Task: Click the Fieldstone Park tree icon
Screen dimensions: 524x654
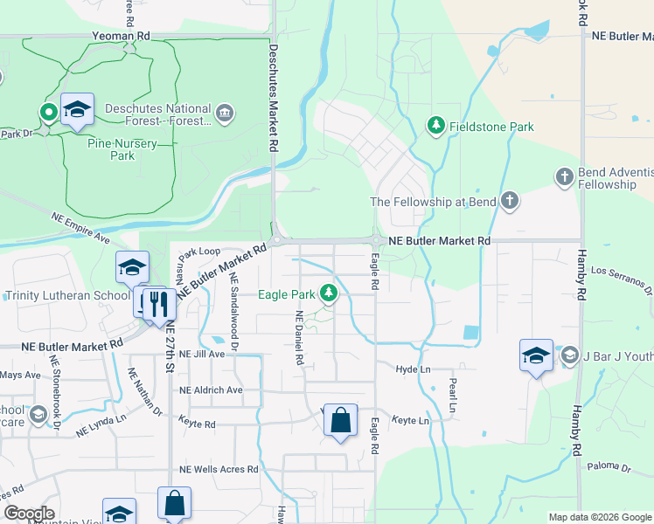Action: [x=435, y=127]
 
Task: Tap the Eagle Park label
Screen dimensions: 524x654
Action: [x=285, y=294]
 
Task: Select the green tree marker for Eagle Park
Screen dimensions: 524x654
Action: [x=329, y=293]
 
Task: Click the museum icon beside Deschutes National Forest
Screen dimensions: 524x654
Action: [x=225, y=114]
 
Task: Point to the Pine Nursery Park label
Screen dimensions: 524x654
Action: [x=123, y=148]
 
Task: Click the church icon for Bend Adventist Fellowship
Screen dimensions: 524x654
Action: [x=565, y=177]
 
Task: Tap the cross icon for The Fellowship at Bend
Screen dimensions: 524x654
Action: [x=509, y=202]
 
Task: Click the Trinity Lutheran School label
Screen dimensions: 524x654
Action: [x=67, y=295]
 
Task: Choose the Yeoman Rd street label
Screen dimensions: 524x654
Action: [x=121, y=37]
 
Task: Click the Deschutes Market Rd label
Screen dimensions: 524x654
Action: [x=274, y=99]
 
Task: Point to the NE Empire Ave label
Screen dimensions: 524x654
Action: [x=80, y=228]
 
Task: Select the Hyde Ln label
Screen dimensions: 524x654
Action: [x=414, y=369]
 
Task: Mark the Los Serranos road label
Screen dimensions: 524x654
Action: [x=622, y=278]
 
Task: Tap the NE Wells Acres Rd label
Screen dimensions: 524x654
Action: [x=219, y=469]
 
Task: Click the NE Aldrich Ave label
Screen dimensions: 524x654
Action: [x=211, y=390]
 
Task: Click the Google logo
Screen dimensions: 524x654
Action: [x=29, y=514]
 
